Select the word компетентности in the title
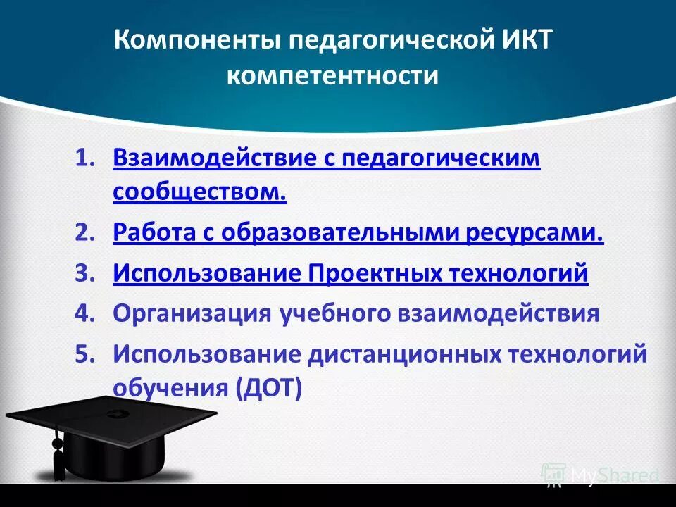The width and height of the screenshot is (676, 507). (332, 76)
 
